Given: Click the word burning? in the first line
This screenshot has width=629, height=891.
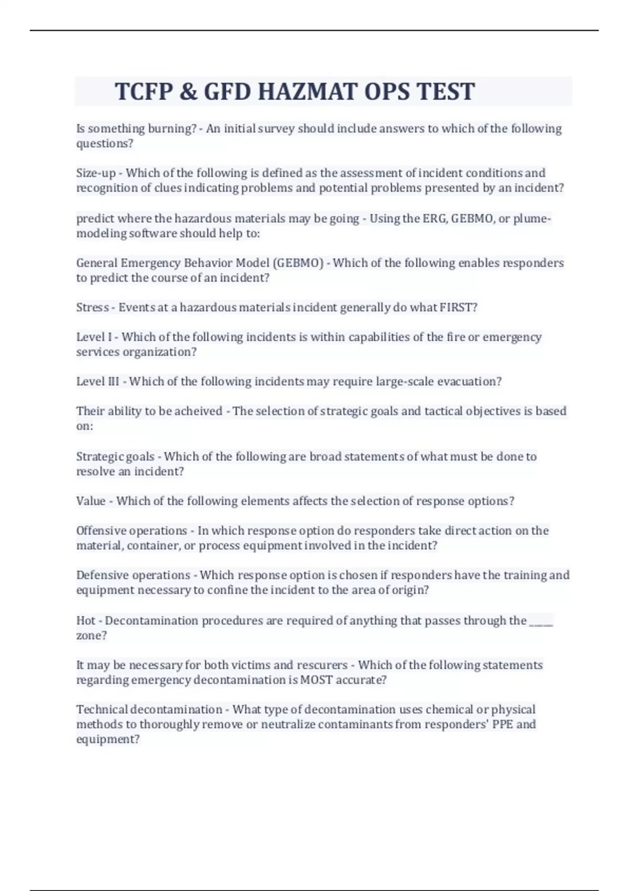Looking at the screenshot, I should click(x=172, y=129).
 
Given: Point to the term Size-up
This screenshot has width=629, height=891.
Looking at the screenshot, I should click(x=96, y=173).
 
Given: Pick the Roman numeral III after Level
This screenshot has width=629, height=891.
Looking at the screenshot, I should click(x=113, y=382).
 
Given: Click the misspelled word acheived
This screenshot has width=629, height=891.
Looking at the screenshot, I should click(x=198, y=411).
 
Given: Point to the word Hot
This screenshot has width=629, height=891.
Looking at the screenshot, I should click(x=86, y=621).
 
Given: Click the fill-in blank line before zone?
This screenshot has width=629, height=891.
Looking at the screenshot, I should click(x=541, y=623).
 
